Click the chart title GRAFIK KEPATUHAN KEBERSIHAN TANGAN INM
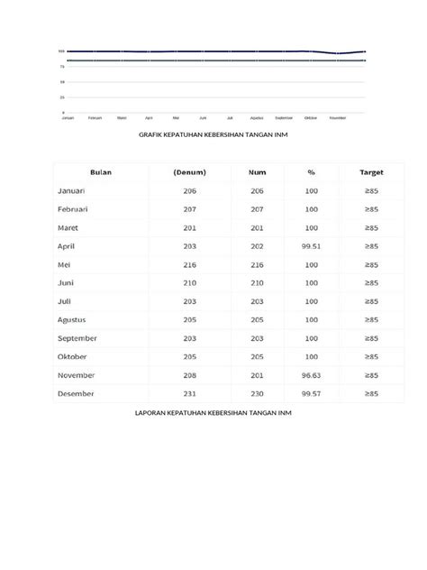[213, 134]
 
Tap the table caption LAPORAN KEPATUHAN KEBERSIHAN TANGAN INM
[213, 412]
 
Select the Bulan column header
[100, 172]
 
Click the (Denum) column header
[189, 172]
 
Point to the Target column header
[371, 172]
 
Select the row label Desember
[76, 393]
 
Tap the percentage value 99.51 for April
[312, 246]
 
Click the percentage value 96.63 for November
[312, 375]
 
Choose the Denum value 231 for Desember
[189, 393]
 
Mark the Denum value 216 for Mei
[189, 265]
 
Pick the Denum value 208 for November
[189, 375]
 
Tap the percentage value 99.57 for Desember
[312, 393]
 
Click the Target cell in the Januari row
[371, 191]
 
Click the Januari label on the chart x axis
[68, 117]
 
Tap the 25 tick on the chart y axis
[61, 97]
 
